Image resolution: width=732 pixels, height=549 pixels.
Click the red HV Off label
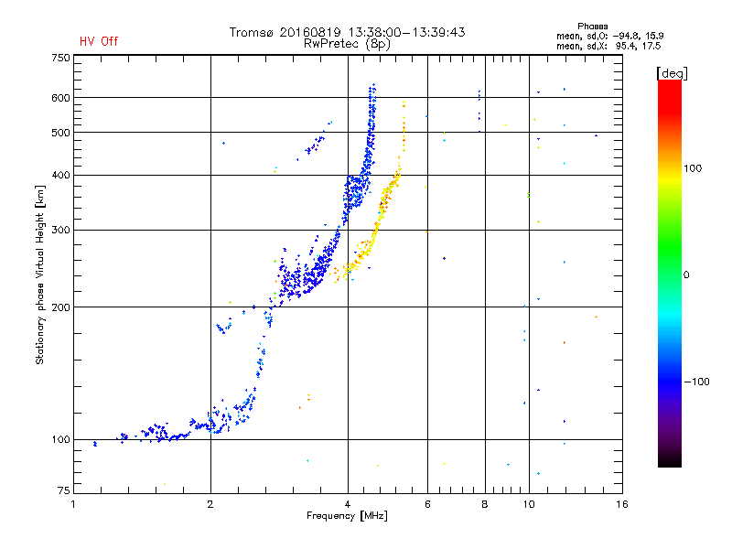98,41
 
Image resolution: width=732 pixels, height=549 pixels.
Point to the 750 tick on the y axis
59,58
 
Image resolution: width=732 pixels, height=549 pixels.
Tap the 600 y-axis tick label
59,98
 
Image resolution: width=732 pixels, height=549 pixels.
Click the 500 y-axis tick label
59,133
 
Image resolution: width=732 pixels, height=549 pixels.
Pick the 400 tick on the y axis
59,175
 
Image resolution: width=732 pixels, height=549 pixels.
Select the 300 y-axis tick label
59,230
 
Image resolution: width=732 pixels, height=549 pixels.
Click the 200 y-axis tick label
59,307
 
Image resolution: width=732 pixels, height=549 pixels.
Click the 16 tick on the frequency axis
621,504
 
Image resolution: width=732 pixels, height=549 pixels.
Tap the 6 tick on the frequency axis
427,504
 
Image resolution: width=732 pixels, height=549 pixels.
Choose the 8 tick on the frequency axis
485,504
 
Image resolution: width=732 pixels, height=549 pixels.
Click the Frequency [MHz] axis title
349,517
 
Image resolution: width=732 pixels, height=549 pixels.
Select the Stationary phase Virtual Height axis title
40,274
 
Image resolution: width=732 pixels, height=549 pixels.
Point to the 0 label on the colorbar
687,274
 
